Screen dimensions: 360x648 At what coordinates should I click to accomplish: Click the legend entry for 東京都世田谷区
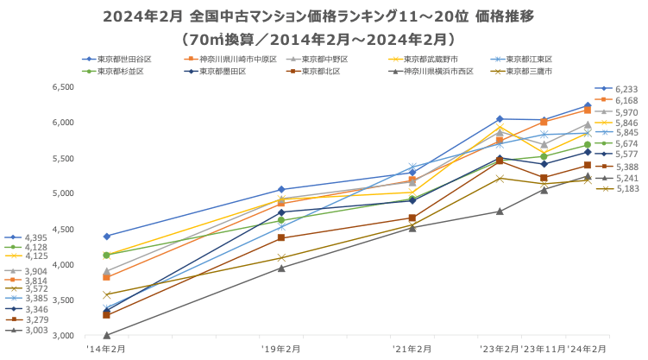125,59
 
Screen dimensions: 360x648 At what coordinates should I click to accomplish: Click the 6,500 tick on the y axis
63,87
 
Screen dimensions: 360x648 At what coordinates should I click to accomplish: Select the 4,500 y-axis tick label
63,229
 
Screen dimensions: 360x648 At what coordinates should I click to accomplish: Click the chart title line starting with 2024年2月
324,16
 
